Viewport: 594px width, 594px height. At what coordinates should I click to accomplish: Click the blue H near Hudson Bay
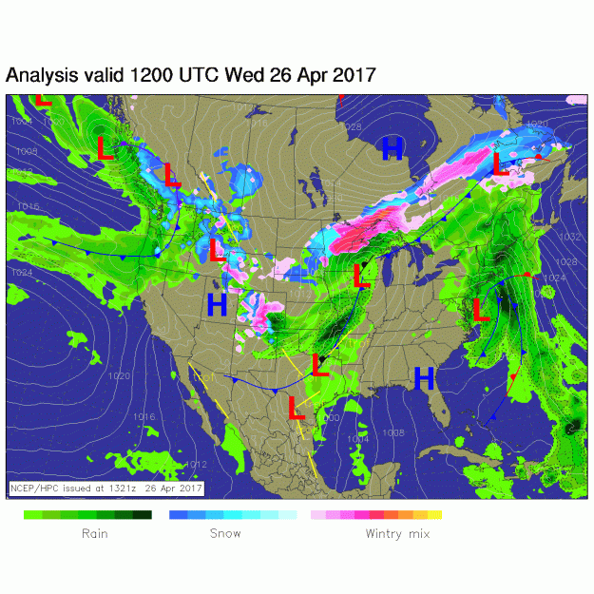point(392,147)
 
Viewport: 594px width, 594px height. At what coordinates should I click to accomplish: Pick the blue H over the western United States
point(217,305)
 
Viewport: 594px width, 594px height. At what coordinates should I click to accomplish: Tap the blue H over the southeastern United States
point(424,378)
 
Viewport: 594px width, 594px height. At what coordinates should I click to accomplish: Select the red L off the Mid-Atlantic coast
point(481,308)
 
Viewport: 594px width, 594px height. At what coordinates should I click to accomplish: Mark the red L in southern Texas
point(297,411)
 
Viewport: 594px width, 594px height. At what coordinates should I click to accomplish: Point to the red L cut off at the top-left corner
point(43,99)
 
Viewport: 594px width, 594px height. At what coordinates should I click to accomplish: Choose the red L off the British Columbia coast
point(106,147)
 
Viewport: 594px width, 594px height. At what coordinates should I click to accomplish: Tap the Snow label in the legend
point(225,533)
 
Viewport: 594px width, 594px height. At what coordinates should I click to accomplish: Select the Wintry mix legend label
point(397,533)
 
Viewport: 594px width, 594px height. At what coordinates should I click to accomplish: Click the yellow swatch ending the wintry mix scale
point(434,514)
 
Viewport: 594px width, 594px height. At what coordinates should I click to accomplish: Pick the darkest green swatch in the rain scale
point(142,514)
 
